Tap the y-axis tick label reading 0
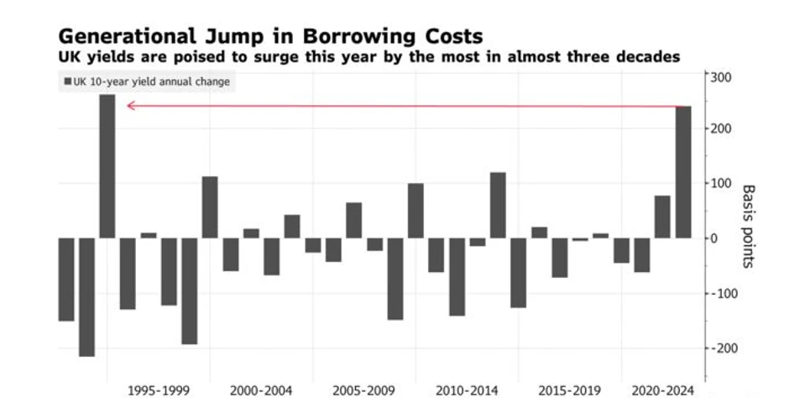[715, 238]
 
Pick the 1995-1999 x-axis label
[159, 390]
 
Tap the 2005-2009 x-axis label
[364, 390]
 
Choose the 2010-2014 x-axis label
[467, 390]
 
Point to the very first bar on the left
[66, 279]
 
